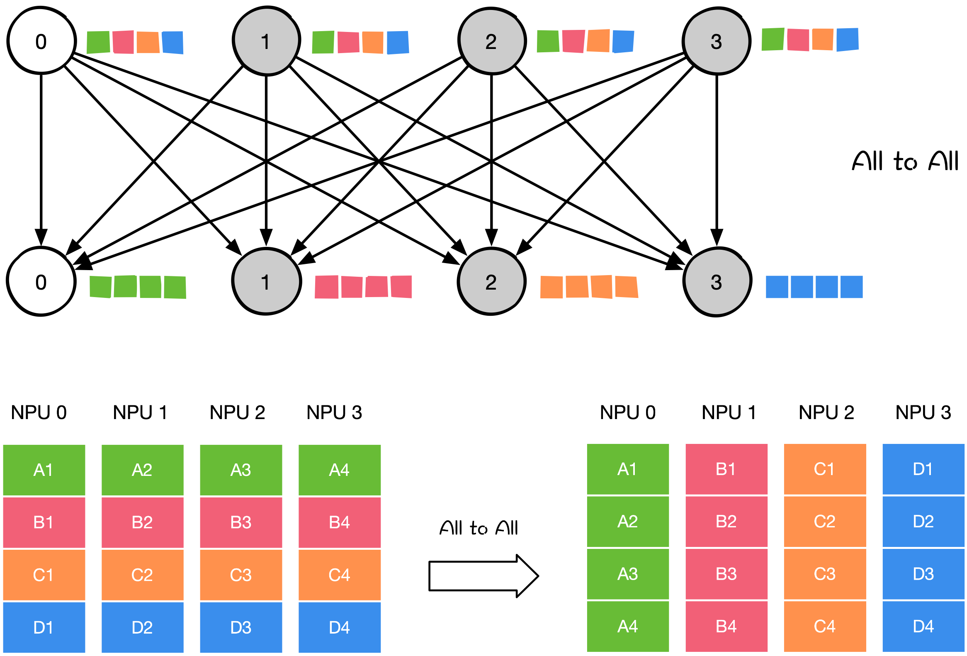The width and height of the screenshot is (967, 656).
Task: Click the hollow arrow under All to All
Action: [483, 576]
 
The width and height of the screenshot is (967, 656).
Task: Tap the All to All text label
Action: [479, 528]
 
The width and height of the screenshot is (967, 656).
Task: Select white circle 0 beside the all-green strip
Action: [41, 281]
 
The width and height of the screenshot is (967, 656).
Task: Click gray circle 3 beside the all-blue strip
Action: [717, 282]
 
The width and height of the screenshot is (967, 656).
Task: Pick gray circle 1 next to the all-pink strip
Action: [266, 281]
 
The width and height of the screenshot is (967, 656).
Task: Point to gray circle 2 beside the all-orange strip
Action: [491, 281]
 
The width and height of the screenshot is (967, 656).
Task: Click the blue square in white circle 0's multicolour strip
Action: [173, 42]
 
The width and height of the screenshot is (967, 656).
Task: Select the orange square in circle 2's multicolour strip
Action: [598, 41]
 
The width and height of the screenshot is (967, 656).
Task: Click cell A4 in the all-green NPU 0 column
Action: [627, 626]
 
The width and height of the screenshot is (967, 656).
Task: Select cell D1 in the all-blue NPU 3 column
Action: [923, 469]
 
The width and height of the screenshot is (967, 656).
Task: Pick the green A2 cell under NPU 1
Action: [142, 470]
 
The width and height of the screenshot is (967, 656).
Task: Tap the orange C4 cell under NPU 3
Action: [339, 575]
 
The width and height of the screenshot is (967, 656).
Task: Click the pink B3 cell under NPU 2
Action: [241, 522]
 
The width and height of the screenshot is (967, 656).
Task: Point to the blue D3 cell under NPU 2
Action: [241, 627]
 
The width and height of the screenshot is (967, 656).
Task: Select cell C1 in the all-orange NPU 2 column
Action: [824, 469]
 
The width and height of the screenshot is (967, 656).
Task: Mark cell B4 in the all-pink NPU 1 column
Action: [726, 626]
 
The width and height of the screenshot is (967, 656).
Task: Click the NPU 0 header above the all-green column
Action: [627, 412]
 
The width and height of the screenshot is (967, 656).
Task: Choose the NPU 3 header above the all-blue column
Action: [923, 412]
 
